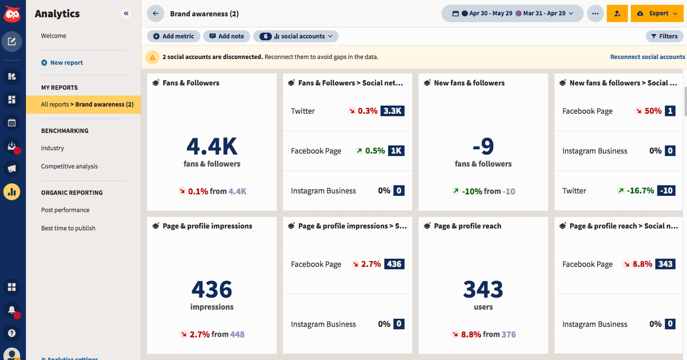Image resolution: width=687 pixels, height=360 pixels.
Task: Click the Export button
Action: (653, 13)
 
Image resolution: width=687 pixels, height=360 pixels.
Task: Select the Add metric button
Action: (173, 36)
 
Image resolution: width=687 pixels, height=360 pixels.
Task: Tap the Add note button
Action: (226, 36)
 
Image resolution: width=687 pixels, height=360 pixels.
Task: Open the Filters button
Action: (664, 36)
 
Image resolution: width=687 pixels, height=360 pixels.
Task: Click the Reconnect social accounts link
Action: (647, 57)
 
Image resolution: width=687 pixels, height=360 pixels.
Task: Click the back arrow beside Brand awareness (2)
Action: (156, 13)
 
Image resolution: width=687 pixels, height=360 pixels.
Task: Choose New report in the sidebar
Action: (66, 63)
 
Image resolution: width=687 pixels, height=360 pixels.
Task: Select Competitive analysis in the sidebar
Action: (69, 166)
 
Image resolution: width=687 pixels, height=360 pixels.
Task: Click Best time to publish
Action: (68, 228)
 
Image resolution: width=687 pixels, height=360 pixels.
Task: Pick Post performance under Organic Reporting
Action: (65, 210)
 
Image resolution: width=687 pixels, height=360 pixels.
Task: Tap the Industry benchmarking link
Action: (53, 148)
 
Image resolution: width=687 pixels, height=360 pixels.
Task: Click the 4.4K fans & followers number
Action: (212, 146)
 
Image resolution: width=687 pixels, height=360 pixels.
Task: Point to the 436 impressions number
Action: (212, 289)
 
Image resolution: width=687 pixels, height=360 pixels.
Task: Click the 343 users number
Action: (483, 289)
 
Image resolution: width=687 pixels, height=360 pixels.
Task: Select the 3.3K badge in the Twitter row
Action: (392, 111)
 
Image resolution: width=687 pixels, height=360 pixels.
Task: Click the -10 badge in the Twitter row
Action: (667, 190)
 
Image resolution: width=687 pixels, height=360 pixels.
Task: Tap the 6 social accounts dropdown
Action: (296, 36)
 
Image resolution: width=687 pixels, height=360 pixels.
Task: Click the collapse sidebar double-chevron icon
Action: (126, 14)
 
